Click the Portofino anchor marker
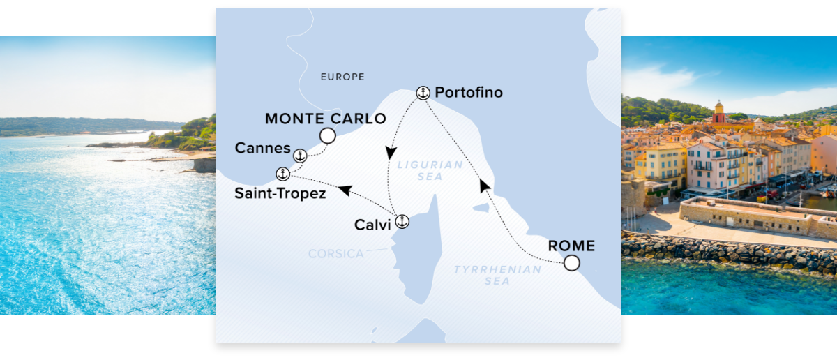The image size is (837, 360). click(x=422, y=92)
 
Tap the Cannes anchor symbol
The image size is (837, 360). click(x=300, y=156)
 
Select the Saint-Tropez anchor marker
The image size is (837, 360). click(x=282, y=174)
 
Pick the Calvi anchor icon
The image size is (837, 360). click(x=402, y=223)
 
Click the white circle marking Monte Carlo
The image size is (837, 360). click(x=327, y=135)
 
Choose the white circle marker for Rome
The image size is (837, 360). click(x=571, y=263)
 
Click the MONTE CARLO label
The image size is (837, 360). click(x=325, y=119)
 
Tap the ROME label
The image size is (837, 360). click(x=571, y=246)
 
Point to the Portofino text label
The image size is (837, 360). click(x=468, y=93)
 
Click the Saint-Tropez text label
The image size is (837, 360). click(x=280, y=193)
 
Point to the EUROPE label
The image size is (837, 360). click(x=342, y=77)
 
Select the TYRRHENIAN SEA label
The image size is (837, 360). click(x=497, y=275)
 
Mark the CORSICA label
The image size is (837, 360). click(x=336, y=254)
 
